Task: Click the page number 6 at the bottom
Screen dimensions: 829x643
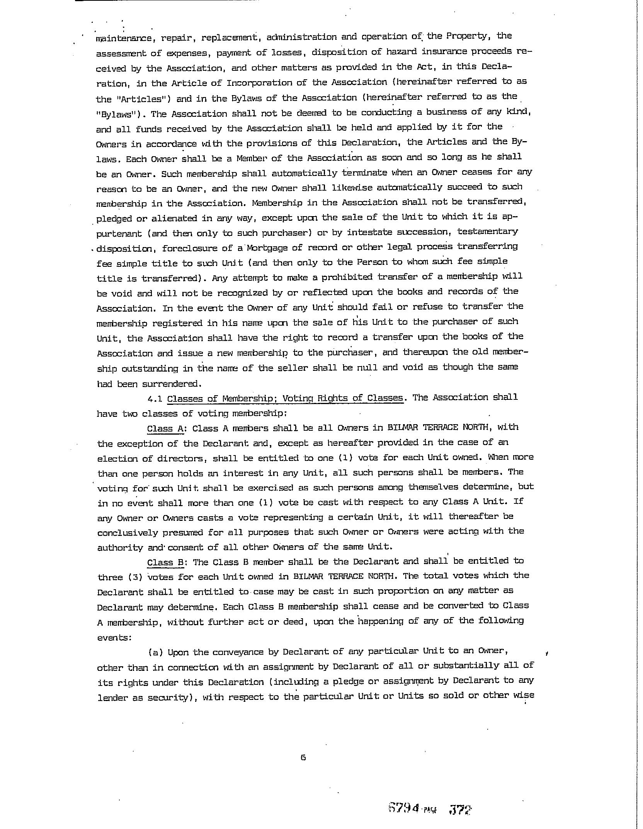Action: [x=303, y=757]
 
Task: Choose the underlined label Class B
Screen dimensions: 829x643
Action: [x=165, y=562]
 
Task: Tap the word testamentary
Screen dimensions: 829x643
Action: [x=487, y=231]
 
